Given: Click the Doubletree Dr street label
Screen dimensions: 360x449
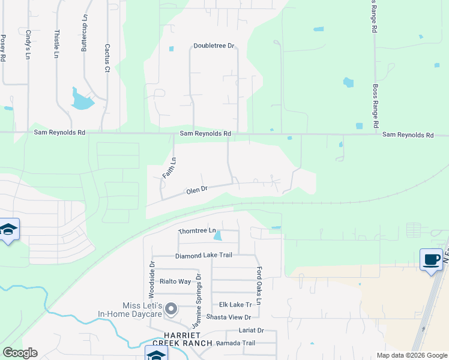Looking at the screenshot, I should (213, 46).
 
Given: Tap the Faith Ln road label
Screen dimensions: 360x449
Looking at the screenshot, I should (169, 167).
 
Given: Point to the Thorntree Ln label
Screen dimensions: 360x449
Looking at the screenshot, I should (197, 230).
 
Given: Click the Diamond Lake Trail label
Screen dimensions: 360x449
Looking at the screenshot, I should (203, 256).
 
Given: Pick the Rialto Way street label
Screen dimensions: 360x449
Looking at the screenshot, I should (175, 281).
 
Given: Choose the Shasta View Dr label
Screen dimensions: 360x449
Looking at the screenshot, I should (228, 317).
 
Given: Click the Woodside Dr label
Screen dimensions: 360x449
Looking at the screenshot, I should (152, 280).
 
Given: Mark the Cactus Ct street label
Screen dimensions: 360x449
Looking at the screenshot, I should (107, 58).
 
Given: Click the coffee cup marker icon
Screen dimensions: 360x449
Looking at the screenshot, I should (431, 259).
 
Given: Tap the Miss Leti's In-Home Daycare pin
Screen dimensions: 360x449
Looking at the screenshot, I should (171, 310).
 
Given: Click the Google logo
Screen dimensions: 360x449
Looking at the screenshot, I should (20, 353).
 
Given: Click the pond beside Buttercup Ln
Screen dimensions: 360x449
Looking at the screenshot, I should (81, 100).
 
